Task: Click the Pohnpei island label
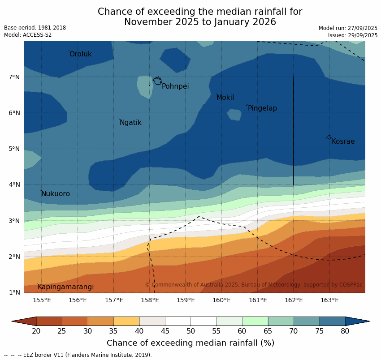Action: [175, 86]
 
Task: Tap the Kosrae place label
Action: [343, 141]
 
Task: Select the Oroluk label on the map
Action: [80, 54]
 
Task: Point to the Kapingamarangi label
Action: [65, 287]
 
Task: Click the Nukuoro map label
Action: [56, 194]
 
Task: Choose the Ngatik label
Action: [130, 123]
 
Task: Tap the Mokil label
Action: [225, 98]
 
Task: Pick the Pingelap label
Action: [262, 108]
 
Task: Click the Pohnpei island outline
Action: [157, 81]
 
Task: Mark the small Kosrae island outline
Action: [329, 137]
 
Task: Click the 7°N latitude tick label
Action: [14, 77]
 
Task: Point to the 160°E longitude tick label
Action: [221, 300]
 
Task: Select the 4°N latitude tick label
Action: [14, 184]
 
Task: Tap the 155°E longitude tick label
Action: [42, 300]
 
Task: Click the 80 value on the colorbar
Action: [345, 331]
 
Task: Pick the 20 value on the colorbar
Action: [36, 331]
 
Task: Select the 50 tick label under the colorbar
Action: [190, 331]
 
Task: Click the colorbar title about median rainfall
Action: [190, 343]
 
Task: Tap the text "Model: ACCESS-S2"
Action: [28, 35]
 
